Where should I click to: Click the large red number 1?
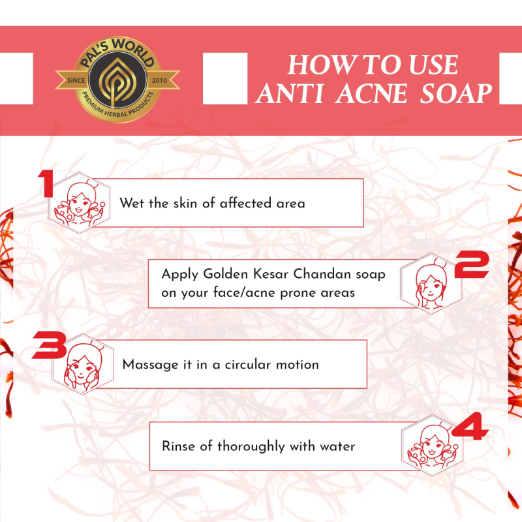[x=46, y=183]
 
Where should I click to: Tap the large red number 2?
[x=472, y=264]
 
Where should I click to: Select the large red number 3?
[x=50, y=345]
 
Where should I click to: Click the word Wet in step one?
[x=132, y=203]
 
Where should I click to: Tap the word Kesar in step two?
[x=270, y=274]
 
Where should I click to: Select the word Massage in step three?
[x=151, y=365]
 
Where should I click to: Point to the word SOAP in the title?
[x=456, y=93]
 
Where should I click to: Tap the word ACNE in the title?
[x=371, y=93]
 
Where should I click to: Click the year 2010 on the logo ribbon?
[x=159, y=80]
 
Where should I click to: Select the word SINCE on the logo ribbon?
[x=76, y=80]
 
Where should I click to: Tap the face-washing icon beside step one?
[x=79, y=203]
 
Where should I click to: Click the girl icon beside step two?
[x=431, y=284]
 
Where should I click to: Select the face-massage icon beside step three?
[x=83, y=364]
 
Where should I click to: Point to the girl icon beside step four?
[x=432, y=446]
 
